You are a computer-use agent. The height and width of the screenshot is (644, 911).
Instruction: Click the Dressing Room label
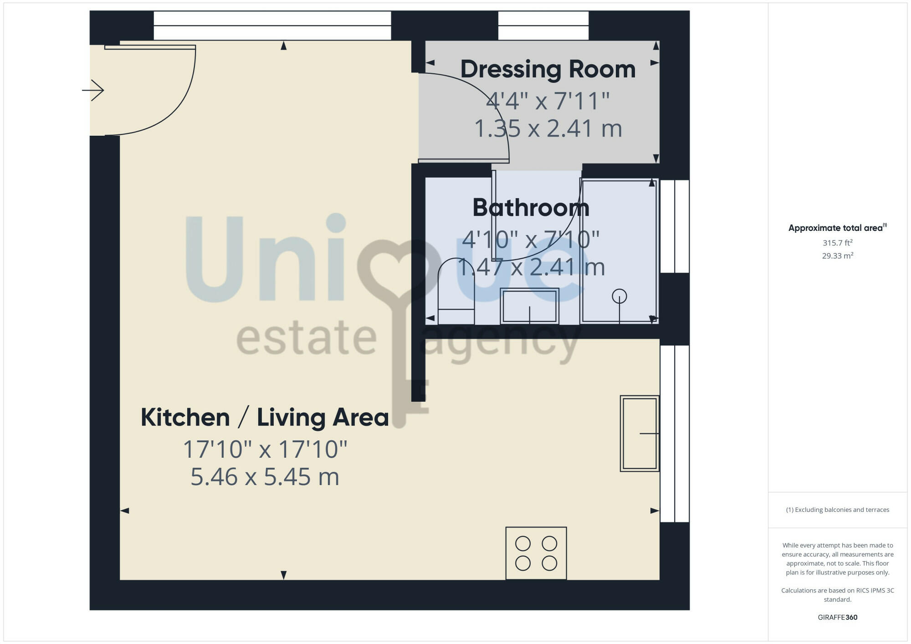(548, 70)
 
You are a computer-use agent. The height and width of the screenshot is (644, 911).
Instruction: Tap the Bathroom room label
(531, 208)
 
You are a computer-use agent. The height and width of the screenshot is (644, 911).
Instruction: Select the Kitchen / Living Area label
(265, 418)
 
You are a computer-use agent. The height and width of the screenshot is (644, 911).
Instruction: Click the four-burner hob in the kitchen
(536, 553)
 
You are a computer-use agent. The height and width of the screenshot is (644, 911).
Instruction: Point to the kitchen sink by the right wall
(640, 433)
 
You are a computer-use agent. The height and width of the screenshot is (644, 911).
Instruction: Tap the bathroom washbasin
(529, 306)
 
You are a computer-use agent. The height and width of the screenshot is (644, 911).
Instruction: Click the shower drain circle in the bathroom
(619, 296)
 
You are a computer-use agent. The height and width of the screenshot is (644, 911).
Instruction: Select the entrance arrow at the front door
(93, 90)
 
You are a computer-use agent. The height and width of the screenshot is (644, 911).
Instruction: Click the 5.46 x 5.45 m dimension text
(265, 477)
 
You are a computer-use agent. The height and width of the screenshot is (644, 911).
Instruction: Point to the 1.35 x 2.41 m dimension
(548, 129)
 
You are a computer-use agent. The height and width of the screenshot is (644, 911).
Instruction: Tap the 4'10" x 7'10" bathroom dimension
(531, 240)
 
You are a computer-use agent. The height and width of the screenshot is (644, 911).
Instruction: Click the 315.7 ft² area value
(837, 243)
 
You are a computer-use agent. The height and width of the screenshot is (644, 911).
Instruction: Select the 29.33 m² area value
(837, 256)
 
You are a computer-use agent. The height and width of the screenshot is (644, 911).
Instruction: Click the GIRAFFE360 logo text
(837, 618)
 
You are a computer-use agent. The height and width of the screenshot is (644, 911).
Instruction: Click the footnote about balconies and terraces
(837, 510)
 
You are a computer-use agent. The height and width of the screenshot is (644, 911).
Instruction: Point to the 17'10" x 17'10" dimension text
(265, 450)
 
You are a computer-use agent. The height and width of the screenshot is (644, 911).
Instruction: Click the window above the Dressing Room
(543, 26)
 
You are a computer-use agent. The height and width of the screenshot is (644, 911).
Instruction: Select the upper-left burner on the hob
(523, 543)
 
